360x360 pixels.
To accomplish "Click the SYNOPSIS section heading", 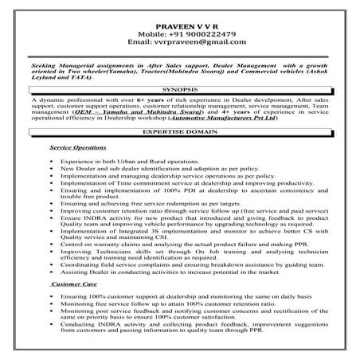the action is click(179, 89).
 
